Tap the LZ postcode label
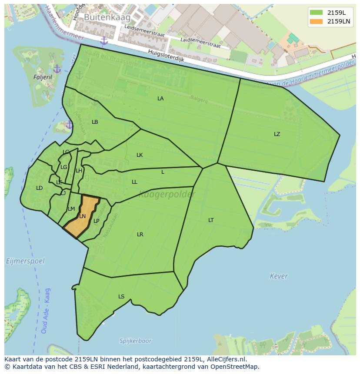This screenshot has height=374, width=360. [x=277, y=134]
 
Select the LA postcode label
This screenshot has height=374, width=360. [x=160, y=99]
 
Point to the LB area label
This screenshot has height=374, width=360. [x=95, y=122]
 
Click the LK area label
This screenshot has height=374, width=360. [x=140, y=155]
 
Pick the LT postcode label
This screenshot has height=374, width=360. [x=211, y=220]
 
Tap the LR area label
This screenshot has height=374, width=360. [x=140, y=235]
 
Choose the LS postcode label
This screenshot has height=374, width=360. [x=121, y=297]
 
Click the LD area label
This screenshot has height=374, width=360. [x=40, y=188]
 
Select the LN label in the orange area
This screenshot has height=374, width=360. [x=83, y=216]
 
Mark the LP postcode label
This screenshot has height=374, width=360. [x=97, y=221]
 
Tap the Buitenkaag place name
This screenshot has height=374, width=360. [x=101, y=17]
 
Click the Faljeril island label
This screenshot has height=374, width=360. [x=30, y=77]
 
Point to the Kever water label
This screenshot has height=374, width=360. [x=279, y=276]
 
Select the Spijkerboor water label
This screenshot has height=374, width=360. [x=136, y=341]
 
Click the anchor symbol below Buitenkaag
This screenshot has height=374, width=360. [x=104, y=40]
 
